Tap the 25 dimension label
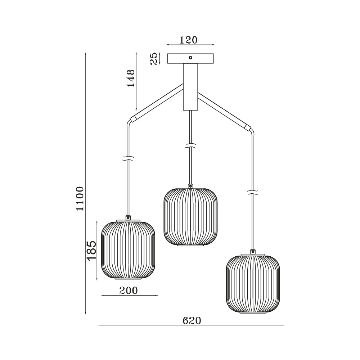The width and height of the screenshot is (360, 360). pos(154,58)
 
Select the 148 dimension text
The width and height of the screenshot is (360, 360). pos(130,78)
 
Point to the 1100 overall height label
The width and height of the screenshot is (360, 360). pos(80,199)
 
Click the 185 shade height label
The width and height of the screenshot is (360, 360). pos(91,251)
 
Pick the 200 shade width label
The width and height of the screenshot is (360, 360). pos(129,291)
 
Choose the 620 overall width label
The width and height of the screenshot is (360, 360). pos(192,320)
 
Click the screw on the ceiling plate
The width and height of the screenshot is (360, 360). pos(190,58)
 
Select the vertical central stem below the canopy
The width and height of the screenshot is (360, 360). pos(190,86)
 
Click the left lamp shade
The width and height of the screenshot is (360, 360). pos(128,250)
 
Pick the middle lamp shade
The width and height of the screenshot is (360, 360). pos(190,217)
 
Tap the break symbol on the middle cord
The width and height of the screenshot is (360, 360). pos(190,146)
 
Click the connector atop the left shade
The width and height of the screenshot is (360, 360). pos(128,217)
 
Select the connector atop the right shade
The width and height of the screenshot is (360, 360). pos(253,252)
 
